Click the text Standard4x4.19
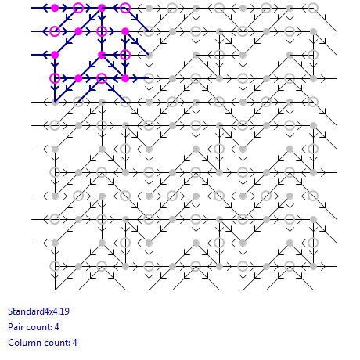pyautogui.click(x=38, y=311)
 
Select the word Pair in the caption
pyautogui.click(x=14, y=327)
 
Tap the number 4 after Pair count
pyautogui.click(x=56, y=327)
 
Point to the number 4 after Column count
pyautogui.click(x=74, y=343)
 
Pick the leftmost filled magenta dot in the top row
pyautogui.click(x=55, y=8)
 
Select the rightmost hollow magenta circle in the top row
pyautogui.click(x=125, y=8)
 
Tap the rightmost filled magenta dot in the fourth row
pyautogui.click(x=125, y=78)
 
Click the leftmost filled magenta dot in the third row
pyautogui.click(x=55, y=55)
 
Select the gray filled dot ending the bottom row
pyautogui.click(x=313, y=266)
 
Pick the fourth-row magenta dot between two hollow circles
pyautogui.click(x=78, y=78)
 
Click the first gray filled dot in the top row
pyautogui.click(x=149, y=8)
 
